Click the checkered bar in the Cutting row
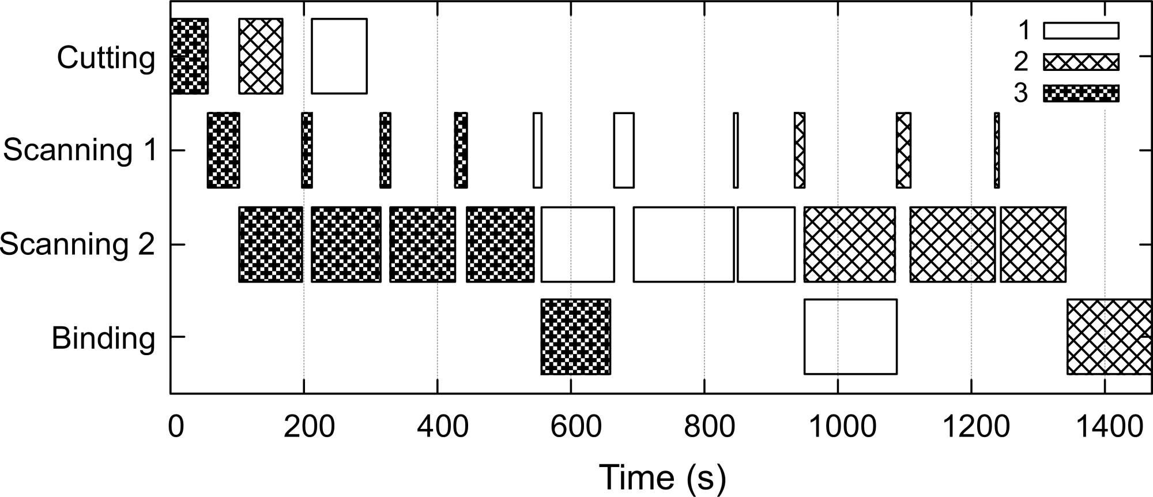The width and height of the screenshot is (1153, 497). pos(190,56)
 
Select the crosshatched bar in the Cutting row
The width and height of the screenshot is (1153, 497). pos(261,56)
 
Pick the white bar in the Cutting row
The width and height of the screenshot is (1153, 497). pos(339,56)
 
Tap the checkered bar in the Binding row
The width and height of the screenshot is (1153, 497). pos(575,337)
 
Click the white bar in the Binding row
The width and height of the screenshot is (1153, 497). pos(850,337)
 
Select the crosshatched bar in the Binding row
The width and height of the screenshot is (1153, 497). pos(1109,337)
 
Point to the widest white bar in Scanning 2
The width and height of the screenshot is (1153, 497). pos(684,244)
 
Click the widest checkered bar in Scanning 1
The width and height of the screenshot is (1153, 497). pos(223,150)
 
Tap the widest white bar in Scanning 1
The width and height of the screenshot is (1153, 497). pos(624,150)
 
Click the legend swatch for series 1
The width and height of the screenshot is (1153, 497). pos(1081,31)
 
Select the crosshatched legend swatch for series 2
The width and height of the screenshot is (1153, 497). pos(1081,62)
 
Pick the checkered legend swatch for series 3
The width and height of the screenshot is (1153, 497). pos(1081,93)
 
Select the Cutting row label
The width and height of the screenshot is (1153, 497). pos(106,58)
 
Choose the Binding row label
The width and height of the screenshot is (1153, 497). pos(103,338)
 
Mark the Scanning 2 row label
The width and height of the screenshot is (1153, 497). pos(78,244)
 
